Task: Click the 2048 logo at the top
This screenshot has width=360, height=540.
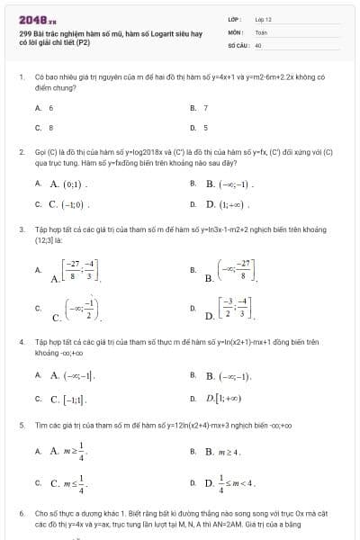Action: pos(37,19)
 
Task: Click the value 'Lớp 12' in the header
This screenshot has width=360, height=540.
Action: pos(263,19)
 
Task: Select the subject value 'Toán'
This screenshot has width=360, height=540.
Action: pos(261,31)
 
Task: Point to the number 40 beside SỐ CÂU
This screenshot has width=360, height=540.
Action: pos(258,43)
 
